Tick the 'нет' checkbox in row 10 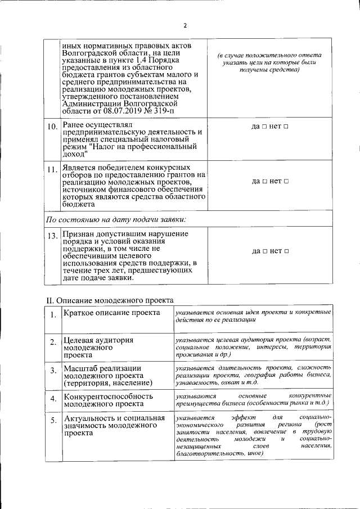coord(286,127)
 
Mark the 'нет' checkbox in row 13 coord(286,250)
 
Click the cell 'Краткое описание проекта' coord(111,313)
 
